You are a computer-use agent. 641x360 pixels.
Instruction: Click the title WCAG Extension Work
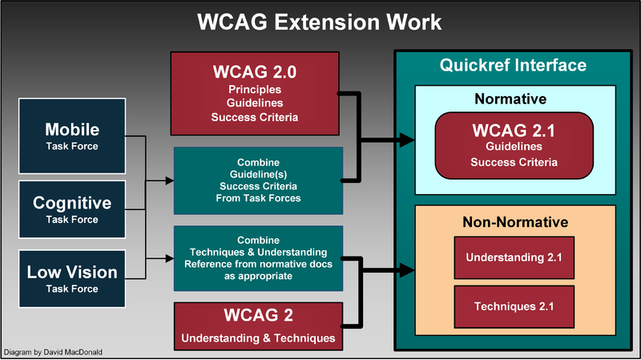(320, 22)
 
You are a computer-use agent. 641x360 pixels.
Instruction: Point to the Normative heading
(510, 100)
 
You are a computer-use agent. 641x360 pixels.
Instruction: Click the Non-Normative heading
(515, 221)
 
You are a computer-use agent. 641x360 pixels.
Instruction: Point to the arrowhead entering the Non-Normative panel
(408, 269)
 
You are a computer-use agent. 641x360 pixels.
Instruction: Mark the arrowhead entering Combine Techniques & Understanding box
(168, 258)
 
